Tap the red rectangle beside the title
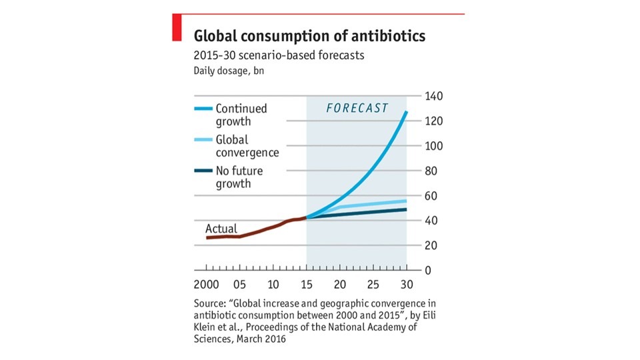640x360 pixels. click(x=177, y=27)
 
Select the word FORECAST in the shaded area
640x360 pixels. click(x=357, y=109)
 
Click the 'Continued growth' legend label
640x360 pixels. click(x=241, y=115)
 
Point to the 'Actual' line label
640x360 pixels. click(x=221, y=229)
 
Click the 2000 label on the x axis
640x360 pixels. click(x=207, y=285)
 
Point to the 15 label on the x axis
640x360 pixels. click(x=307, y=285)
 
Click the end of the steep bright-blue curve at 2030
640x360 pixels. click(x=406, y=112)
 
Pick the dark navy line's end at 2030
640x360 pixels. click(x=406, y=210)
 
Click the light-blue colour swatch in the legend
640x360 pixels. click(x=203, y=140)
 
